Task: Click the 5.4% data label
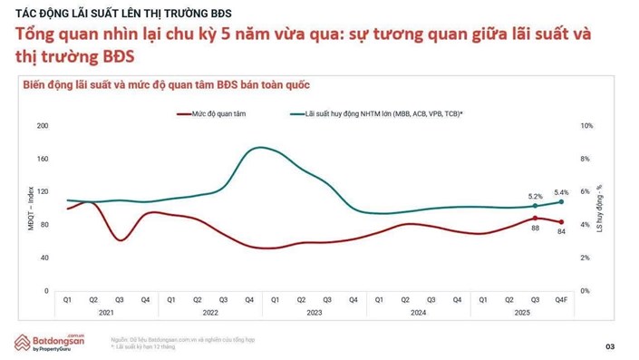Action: pos(561,192)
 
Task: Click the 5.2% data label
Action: pos(535,196)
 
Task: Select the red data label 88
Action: pos(536,228)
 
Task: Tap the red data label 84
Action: pos(562,232)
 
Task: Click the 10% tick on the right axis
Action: pos(587,125)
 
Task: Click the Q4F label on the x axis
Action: pos(562,298)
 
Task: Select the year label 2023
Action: pos(315,312)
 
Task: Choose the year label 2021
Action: pos(106,312)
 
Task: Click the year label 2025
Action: pos(522,312)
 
